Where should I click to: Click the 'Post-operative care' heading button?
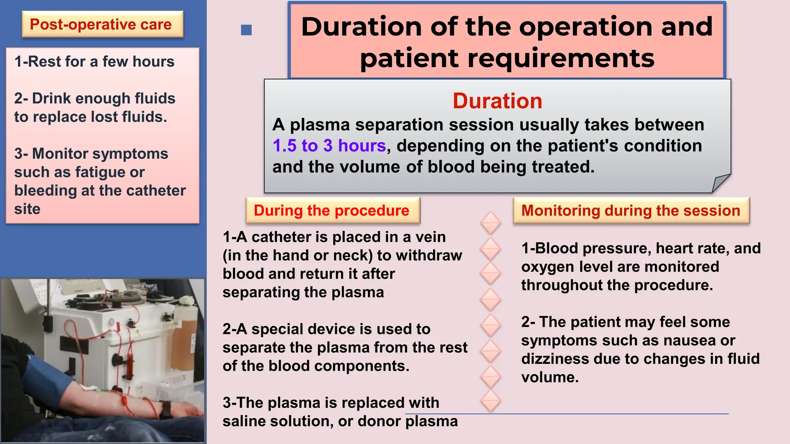pyautogui.click(x=101, y=25)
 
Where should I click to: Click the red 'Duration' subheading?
pyautogui.click(x=497, y=101)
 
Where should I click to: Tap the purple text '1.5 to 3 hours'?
pyautogui.click(x=329, y=146)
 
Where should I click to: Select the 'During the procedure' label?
pyautogui.click(x=332, y=210)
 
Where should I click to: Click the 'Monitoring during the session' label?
pyautogui.click(x=631, y=210)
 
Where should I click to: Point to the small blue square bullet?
pyautogui.click(x=246, y=30)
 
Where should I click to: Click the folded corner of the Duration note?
pyautogui.click(x=720, y=183)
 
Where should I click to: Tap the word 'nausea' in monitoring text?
pyautogui.click(x=690, y=340)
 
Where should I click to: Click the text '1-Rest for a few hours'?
pyautogui.click(x=95, y=62)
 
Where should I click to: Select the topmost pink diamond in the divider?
pyautogui.click(x=491, y=223)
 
